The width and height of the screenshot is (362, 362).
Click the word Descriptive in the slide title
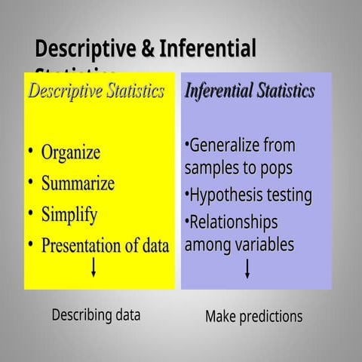[x=85, y=50]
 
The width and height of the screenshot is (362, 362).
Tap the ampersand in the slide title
[x=149, y=50]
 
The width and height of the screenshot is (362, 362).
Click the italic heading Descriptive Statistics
[x=96, y=92]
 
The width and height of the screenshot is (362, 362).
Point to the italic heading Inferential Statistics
[x=250, y=92]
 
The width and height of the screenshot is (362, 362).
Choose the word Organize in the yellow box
[x=70, y=152]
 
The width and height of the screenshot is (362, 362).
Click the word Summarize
[x=78, y=183]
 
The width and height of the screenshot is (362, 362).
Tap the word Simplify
[x=69, y=215]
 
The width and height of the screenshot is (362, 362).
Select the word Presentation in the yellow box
[x=83, y=246]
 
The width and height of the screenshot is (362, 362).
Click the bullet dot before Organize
[x=30, y=152]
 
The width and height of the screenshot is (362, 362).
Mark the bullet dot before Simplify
[x=30, y=213]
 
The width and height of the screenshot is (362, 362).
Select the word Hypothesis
[x=225, y=196]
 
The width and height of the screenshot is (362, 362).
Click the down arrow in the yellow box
[x=94, y=268]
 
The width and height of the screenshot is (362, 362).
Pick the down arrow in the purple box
[x=247, y=269]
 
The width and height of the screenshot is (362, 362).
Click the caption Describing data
[x=96, y=315]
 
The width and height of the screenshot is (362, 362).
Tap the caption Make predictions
[x=253, y=317]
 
